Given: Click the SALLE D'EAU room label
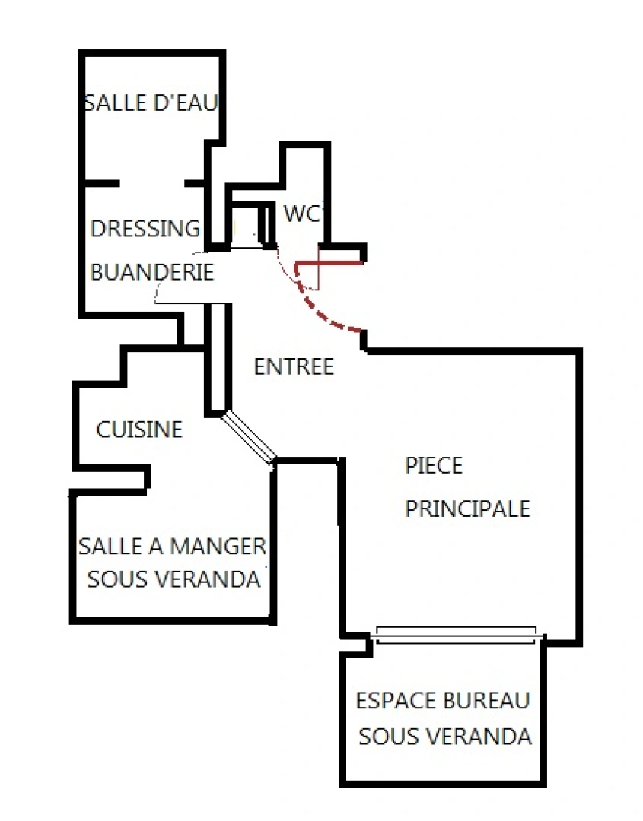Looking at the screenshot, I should (x=151, y=103).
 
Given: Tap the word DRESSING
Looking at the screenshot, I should (x=145, y=229).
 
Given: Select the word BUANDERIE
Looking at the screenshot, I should (x=152, y=272).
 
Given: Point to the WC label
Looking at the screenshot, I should (x=301, y=214).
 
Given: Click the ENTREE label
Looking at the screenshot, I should (x=294, y=367).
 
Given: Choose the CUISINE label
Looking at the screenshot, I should (x=139, y=430).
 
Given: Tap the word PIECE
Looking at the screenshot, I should (x=434, y=465).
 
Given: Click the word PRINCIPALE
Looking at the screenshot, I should (x=467, y=509).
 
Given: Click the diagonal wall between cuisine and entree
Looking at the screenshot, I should (x=249, y=437).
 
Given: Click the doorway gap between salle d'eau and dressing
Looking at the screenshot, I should (x=152, y=183).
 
